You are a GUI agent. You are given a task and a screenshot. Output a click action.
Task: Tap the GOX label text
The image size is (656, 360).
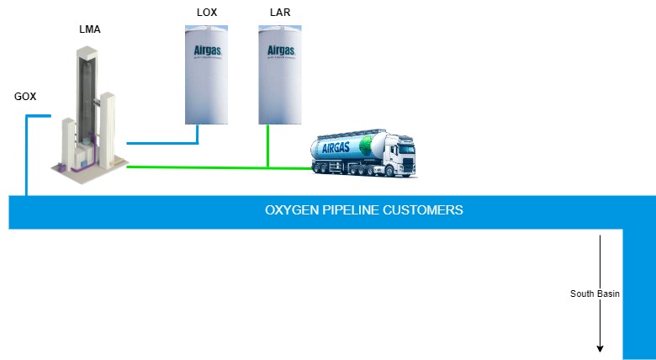[x=25, y=96]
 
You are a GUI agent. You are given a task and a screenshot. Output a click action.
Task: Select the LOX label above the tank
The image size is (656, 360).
[x=206, y=13]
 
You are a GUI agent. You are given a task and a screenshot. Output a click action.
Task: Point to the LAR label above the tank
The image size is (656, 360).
[x=279, y=13]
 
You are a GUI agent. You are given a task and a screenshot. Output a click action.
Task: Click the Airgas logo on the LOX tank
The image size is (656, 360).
[x=206, y=50]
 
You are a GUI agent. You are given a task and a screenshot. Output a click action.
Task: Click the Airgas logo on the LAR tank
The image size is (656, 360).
[x=280, y=50]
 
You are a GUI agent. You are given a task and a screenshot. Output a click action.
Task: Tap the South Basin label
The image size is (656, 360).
[x=595, y=294]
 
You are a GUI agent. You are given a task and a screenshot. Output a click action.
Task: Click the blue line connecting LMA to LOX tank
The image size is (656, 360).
[x=164, y=144]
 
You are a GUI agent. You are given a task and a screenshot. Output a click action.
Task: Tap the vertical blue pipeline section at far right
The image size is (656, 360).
[x=638, y=294]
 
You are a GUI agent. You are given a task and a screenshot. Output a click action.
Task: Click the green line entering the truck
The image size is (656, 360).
[x=290, y=167]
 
